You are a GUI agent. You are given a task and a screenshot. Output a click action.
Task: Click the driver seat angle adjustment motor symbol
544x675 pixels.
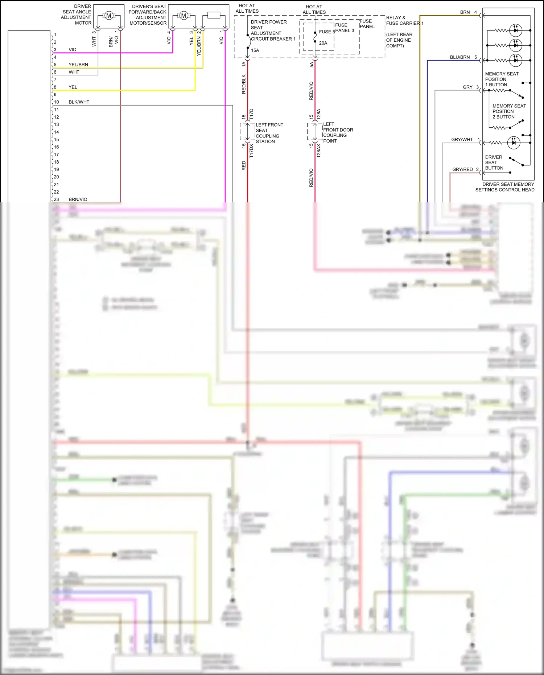pos(108,16)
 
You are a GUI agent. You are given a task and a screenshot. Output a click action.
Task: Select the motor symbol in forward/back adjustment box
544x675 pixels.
pos(184,16)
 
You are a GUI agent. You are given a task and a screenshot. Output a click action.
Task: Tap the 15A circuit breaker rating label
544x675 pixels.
pos(255,50)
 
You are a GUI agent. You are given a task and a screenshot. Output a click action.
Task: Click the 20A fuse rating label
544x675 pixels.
pos(323,43)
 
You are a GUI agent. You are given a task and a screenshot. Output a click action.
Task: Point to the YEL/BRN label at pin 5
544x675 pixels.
pos(78,65)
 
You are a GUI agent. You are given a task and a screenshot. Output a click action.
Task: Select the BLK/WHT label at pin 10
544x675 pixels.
pos(79,102)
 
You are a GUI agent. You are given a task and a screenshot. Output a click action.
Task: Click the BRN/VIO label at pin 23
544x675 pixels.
pos(78,199)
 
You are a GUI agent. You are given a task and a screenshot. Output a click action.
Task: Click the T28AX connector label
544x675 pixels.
pos(319,150)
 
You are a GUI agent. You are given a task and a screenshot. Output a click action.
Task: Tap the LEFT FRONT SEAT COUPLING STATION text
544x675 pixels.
pos(269,133)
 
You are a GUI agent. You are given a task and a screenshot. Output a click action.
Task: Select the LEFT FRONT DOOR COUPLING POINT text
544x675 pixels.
pos(338,132)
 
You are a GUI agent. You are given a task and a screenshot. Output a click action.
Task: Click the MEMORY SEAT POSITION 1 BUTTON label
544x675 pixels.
pos(502,79)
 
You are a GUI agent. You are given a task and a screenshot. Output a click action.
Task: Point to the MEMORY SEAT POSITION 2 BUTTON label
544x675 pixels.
pos(509,111)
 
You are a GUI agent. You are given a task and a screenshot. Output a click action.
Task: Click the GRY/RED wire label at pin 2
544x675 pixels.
pos(462,169)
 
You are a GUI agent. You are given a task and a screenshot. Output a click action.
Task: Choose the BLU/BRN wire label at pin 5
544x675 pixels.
pos(460,57)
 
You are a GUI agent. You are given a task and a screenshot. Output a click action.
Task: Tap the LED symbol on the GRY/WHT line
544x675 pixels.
pos(514,143)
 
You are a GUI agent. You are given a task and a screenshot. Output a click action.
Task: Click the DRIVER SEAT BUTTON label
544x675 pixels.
pos(494,162)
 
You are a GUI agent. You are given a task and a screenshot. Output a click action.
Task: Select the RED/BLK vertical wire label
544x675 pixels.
pos(244,84)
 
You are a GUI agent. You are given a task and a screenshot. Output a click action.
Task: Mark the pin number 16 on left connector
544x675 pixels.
pos(57,147)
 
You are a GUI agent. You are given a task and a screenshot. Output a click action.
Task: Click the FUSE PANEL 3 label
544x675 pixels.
pos(344,28)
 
